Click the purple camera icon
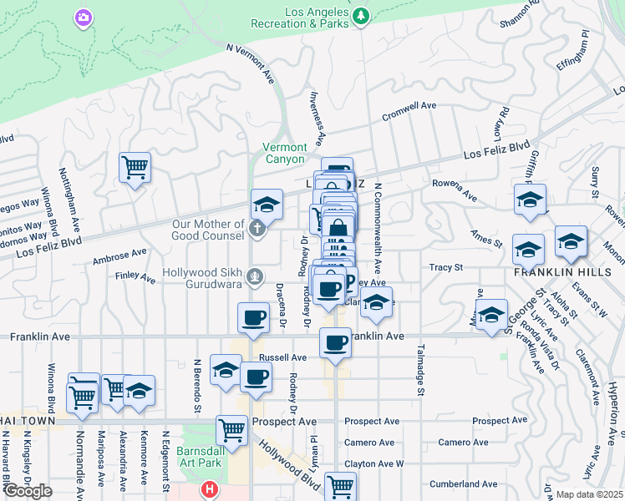click(x=82, y=17)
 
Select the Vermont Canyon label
click(x=285, y=153)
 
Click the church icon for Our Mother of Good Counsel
click(x=258, y=227)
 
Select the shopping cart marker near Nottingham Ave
click(x=134, y=168)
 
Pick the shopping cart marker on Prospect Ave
click(x=232, y=430)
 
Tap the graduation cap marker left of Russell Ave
click(x=226, y=370)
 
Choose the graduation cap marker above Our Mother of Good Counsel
click(x=267, y=204)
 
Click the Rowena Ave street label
click(x=455, y=189)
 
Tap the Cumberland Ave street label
click(x=464, y=483)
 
